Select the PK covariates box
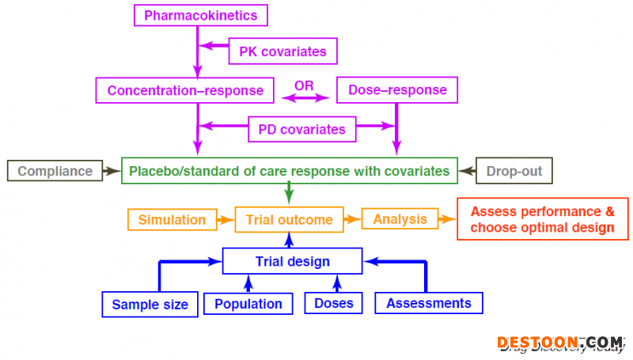(282, 51)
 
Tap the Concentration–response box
(185, 90)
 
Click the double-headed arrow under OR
(305, 98)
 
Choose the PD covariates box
(297, 129)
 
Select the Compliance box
(55, 171)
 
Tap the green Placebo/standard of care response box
(289, 171)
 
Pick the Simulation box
(172, 219)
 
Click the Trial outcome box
(289, 219)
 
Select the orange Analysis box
(400, 219)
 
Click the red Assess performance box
(542, 219)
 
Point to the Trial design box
(292, 261)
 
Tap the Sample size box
(150, 304)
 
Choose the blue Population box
(248, 304)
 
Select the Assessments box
(428, 303)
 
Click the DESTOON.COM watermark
(560, 343)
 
